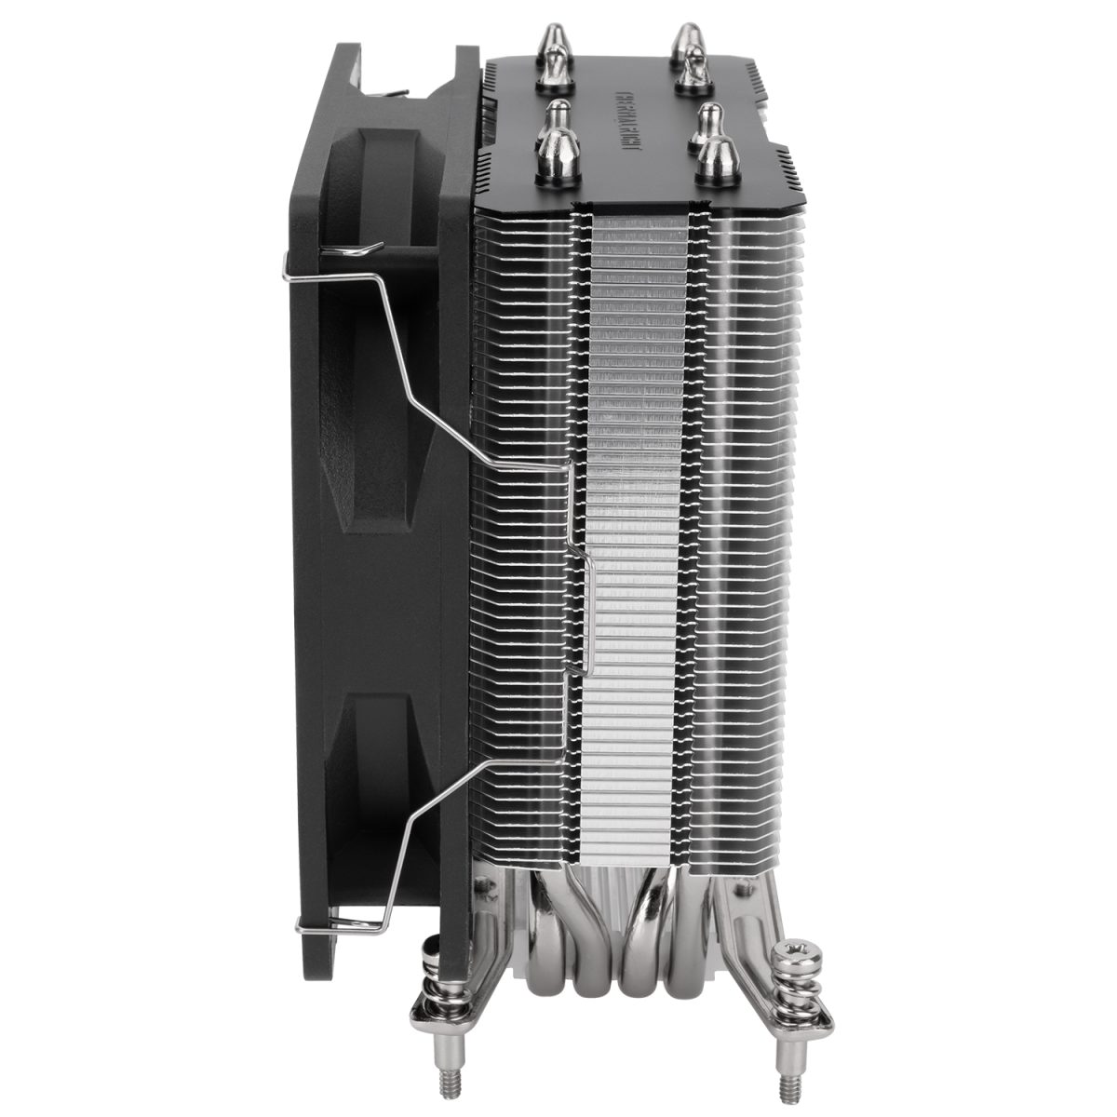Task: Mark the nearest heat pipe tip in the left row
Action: pyautogui.click(x=556, y=149)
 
